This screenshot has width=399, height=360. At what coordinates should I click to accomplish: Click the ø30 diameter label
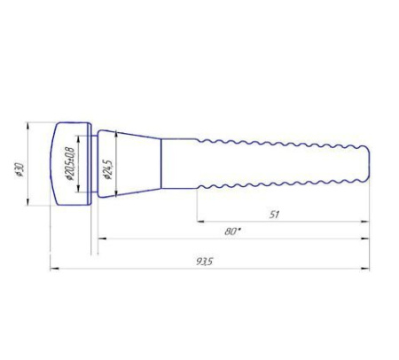click(x=20, y=169)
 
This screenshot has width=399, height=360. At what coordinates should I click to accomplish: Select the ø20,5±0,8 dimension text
click(x=71, y=163)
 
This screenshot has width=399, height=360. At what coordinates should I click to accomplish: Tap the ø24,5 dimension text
click(x=107, y=169)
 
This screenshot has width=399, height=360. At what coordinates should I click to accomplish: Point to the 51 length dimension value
click(x=274, y=215)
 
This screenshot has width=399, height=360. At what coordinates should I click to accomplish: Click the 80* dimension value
click(x=232, y=231)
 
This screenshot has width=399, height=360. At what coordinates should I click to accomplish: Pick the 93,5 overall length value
click(x=204, y=262)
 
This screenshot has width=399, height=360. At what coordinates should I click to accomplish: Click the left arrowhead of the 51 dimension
click(x=200, y=221)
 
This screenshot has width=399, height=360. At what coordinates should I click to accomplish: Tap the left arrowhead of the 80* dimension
click(x=102, y=239)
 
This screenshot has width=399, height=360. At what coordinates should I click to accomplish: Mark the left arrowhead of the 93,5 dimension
click(x=54, y=269)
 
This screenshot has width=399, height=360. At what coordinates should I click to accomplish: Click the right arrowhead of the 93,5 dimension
click(x=365, y=269)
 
